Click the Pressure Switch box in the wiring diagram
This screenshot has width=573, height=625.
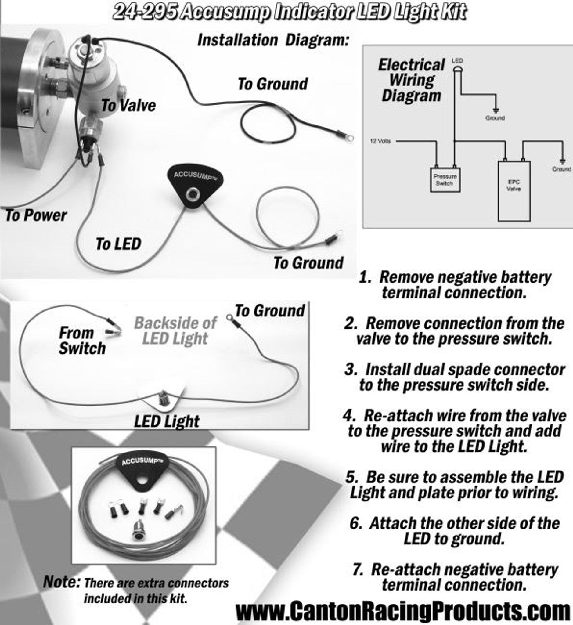click(445, 180)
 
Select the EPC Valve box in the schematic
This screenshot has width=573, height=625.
click(514, 191)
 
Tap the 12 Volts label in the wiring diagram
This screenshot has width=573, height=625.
click(380, 141)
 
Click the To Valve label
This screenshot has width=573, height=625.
click(128, 106)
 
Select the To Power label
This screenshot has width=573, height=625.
click(36, 215)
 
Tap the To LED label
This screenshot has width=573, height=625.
click(118, 244)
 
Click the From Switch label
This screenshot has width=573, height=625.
click(82, 341)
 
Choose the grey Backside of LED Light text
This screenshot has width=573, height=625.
click(175, 331)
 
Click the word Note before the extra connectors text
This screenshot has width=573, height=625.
click(61, 582)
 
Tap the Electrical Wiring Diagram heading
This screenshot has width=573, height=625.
click(411, 80)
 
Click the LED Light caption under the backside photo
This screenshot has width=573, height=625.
click(167, 421)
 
